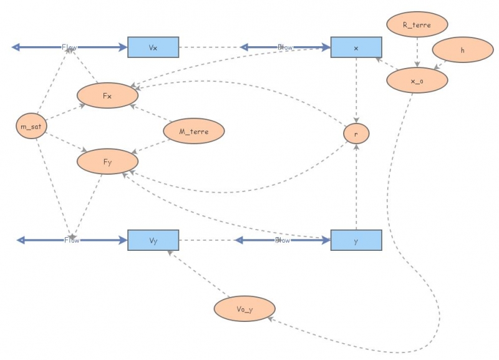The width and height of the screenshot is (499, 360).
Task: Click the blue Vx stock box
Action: pyautogui.click(x=153, y=47)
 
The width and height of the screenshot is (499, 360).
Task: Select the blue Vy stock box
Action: pyautogui.click(x=153, y=240)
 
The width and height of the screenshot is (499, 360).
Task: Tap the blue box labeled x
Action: pyautogui.click(x=356, y=47)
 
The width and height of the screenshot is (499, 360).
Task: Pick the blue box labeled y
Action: pyautogui.click(x=356, y=240)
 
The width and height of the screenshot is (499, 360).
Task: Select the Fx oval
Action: pyautogui.click(x=107, y=95)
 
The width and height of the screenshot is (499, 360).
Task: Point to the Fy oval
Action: pyautogui.click(x=107, y=162)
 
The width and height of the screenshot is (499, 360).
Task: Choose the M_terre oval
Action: pyautogui.click(x=193, y=131)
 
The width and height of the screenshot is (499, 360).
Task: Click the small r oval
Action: pyautogui.click(x=356, y=133)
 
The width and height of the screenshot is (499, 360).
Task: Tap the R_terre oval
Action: pyautogui.click(x=417, y=25)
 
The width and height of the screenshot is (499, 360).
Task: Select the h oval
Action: pyautogui.click(x=462, y=50)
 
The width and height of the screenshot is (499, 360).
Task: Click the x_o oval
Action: pyautogui.click(x=417, y=80)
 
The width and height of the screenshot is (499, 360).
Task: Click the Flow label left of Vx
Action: pyautogui.click(x=70, y=47)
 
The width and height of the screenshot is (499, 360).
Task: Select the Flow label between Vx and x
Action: pyautogui.click(x=285, y=47)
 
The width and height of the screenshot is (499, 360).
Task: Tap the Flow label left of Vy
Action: pyautogui.click(x=72, y=240)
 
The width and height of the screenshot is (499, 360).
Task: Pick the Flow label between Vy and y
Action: pyautogui.click(x=283, y=240)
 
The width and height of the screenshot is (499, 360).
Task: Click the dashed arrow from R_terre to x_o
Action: pyautogui.click(x=417, y=52)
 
